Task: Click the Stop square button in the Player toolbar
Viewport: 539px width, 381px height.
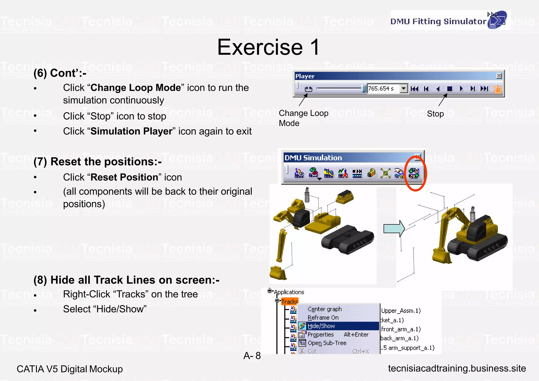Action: click(x=450, y=89)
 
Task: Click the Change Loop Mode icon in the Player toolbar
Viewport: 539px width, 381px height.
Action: click(x=308, y=89)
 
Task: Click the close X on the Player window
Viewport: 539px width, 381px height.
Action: click(x=499, y=76)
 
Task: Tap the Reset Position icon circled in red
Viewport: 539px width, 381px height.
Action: click(x=414, y=173)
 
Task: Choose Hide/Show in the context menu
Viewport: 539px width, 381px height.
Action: click(x=321, y=326)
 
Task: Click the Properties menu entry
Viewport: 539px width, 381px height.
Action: click(x=321, y=334)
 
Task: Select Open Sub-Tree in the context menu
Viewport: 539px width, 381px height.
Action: click(x=327, y=343)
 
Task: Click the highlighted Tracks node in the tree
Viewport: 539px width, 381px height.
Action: click(x=289, y=301)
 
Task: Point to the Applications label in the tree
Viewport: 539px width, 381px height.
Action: click(x=289, y=292)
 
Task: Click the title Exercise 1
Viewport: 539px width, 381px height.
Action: click(x=268, y=47)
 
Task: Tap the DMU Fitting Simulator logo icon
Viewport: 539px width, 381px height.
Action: click(x=497, y=20)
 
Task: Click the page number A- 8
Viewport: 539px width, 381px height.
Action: click(x=252, y=356)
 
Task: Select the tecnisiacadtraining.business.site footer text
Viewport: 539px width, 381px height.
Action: click(x=457, y=368)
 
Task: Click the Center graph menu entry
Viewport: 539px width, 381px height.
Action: click(x=325, y=309)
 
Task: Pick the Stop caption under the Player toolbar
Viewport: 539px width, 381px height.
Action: click(x=435, y=114)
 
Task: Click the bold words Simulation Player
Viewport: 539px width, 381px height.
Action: click(x=131, y=131)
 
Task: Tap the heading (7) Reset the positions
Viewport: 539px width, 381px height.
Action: click(x=97, y=161)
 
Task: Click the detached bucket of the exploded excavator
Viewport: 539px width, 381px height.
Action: click(x=278, y=273)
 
